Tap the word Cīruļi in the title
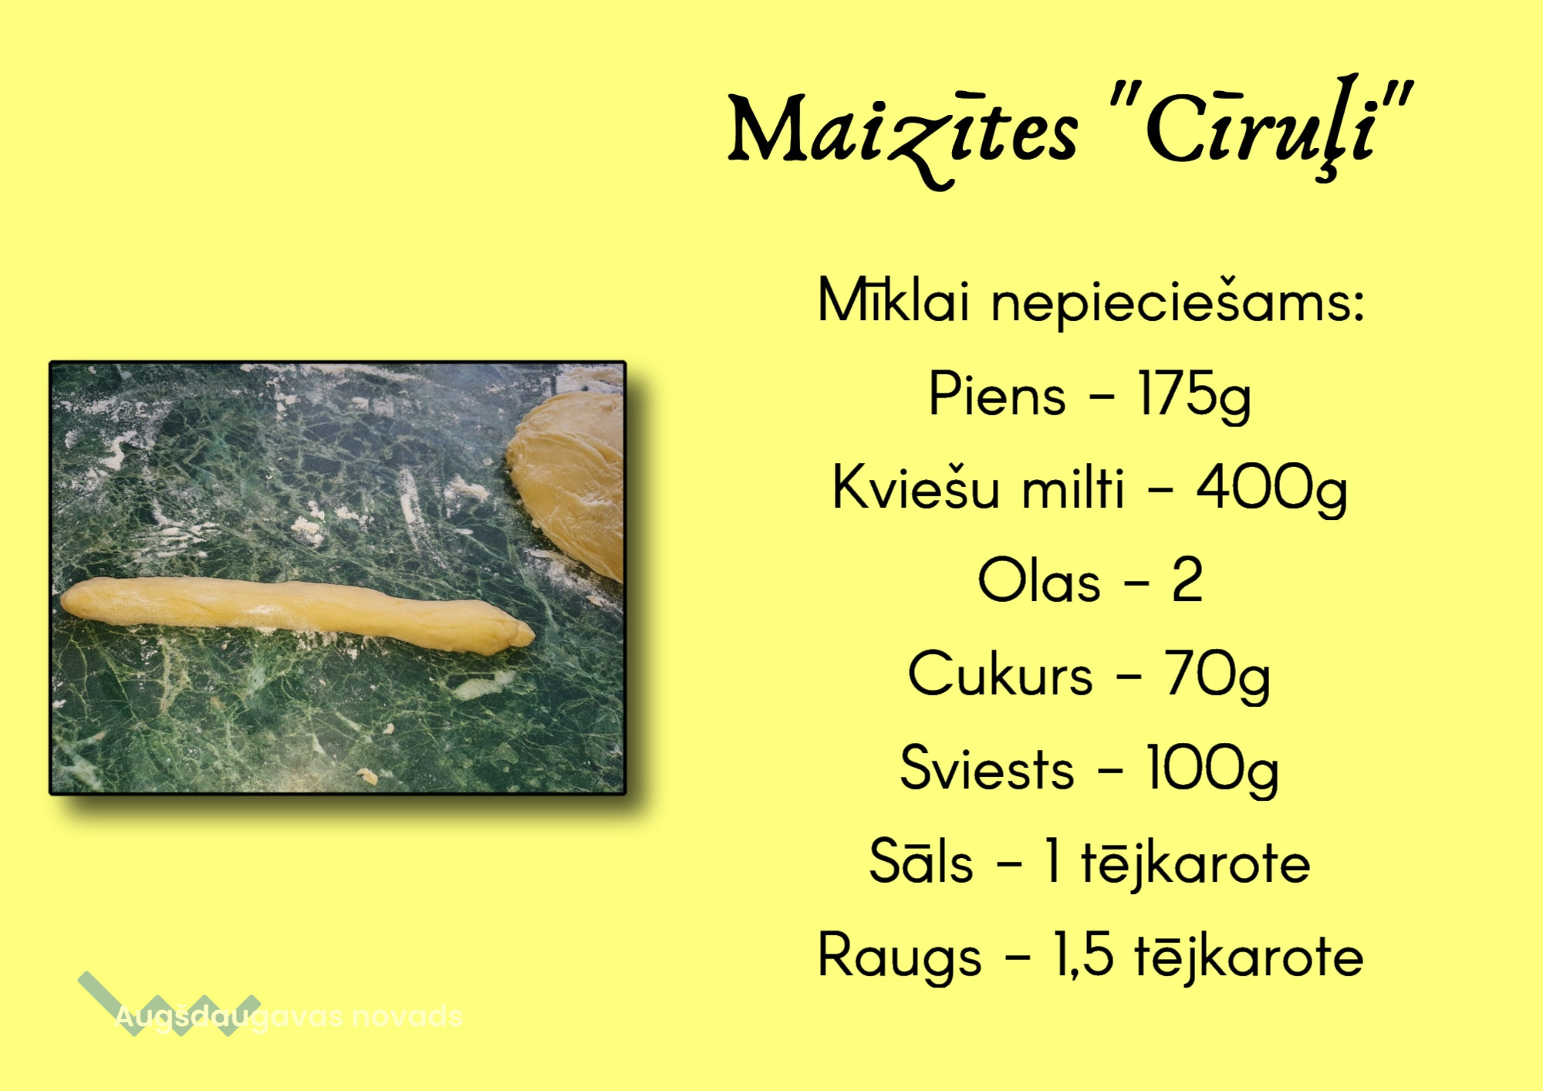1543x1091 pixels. tap(1261, 127)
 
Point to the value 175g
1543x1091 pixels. tap(1194, 396)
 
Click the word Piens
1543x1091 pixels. tap(997, 394)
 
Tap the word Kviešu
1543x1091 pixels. tap(916, 487)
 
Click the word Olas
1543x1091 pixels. tap(1038, 581)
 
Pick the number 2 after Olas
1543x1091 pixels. tap(1187, 579)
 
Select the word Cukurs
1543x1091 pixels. tap(1000, 674)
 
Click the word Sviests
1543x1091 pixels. tap(987, 768)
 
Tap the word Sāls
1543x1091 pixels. tap(920, 860)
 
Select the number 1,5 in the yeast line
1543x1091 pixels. tap(1083, 956)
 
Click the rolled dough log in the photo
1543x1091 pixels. tap(297, 614)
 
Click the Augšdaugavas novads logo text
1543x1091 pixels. tap(289, 1016)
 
